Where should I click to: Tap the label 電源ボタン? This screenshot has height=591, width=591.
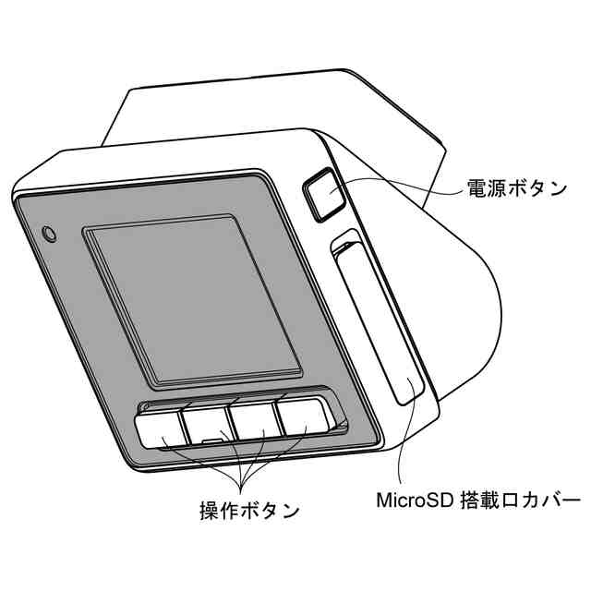pos(515,188)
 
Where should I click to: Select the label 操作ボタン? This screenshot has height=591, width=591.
pos(249,509)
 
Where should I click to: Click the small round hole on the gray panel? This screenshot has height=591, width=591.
pos(50,231)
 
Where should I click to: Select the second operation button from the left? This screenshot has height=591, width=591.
pos(207,422)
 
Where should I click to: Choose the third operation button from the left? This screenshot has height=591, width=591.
pos(254,418)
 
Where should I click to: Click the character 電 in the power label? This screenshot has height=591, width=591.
pos(476,188)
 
